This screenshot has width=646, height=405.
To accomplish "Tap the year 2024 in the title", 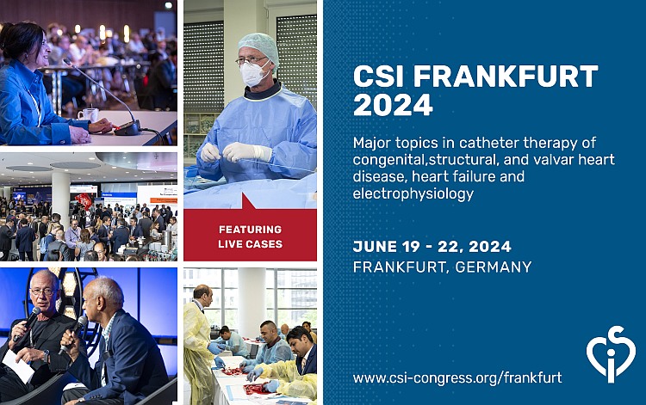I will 394,105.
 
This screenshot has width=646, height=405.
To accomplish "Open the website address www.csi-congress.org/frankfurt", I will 457,377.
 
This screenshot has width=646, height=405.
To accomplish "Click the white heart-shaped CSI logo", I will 611,353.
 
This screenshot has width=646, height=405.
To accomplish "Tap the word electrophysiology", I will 413,194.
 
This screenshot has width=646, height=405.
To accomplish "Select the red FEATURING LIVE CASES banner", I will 250,234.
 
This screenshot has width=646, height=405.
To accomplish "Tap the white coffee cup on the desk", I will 89,114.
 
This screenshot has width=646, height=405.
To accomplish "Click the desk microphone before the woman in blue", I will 126,126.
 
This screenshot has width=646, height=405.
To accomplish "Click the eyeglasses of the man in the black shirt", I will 40,292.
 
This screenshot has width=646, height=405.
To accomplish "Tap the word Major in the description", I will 373,142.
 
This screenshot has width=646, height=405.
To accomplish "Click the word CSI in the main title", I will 375,76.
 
